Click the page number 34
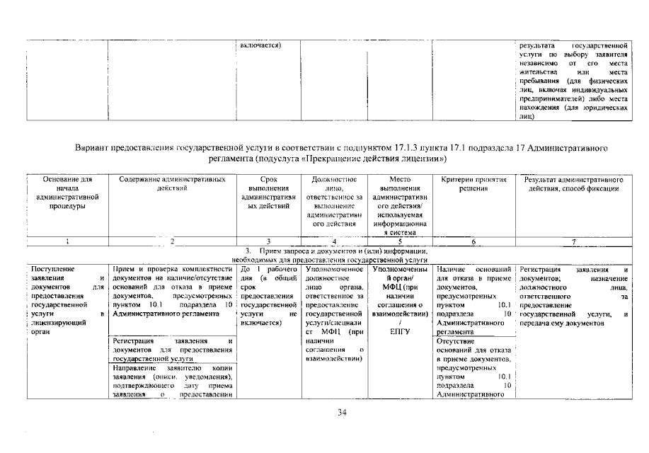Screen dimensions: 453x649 coord(342,413)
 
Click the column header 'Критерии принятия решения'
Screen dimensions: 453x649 coord(472,184)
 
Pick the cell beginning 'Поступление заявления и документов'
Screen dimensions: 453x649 coord(67,301)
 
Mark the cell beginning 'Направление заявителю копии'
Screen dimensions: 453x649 coord(173,386)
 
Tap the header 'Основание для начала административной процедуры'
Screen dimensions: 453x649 coord(67,193)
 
